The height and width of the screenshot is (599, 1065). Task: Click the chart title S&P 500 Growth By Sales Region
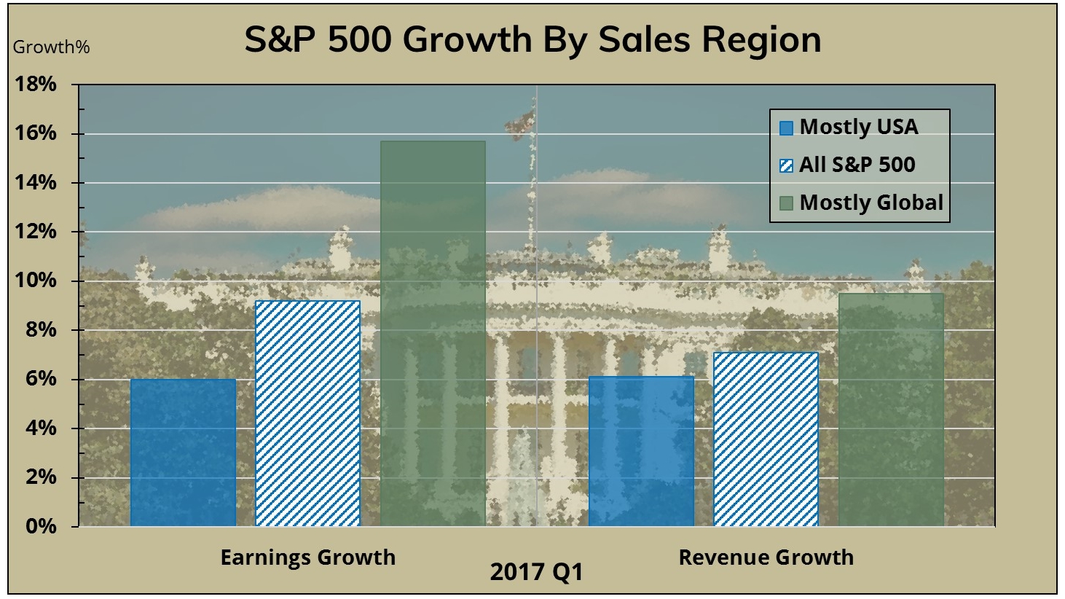click(532, 39)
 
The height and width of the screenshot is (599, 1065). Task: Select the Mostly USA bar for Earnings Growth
click(183, 452)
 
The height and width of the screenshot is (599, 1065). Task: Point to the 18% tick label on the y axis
click(36, 85)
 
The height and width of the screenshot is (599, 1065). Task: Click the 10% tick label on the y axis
click(36, 281)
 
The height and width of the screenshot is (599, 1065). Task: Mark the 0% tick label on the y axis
click(40, 526)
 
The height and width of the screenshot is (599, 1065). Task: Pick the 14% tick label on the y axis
click(36, 183)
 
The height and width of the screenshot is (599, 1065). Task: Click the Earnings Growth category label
click(307, 557)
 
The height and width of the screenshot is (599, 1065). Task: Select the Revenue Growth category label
click(766, 557)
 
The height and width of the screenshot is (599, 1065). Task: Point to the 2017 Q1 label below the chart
click(536, 572)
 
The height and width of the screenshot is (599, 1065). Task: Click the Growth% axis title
click(51, 47)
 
